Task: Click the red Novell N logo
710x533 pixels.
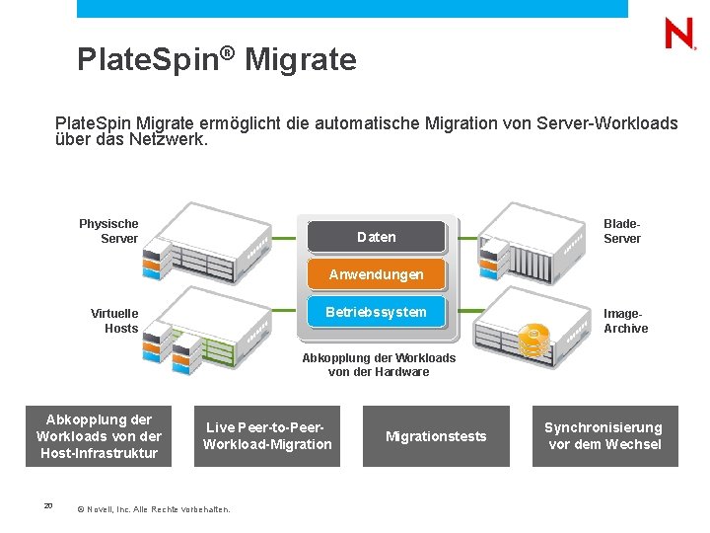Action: point(679,35)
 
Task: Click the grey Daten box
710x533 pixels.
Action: point(377,237)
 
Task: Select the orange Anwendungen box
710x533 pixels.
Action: point(377,274)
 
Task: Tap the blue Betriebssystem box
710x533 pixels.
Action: point(377,312)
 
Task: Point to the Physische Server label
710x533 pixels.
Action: point(109,231)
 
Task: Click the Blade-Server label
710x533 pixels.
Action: point(622,231)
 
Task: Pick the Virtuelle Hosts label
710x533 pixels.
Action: point(115,321)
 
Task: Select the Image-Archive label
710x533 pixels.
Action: point(625,321)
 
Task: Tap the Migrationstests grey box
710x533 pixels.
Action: point(436,436)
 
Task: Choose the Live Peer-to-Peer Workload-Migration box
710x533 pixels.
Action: point(267,436)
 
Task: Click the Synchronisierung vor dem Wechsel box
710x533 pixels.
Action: point(604,436)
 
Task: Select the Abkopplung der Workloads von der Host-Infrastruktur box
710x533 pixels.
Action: point(99,436)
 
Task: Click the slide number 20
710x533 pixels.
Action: point(47,506)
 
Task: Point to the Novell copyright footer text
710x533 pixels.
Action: point(153,509)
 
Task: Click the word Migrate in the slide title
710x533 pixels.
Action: point(300,60)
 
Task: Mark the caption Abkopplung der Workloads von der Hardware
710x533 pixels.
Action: point(379,364)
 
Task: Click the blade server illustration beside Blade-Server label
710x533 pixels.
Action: point(532,247)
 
